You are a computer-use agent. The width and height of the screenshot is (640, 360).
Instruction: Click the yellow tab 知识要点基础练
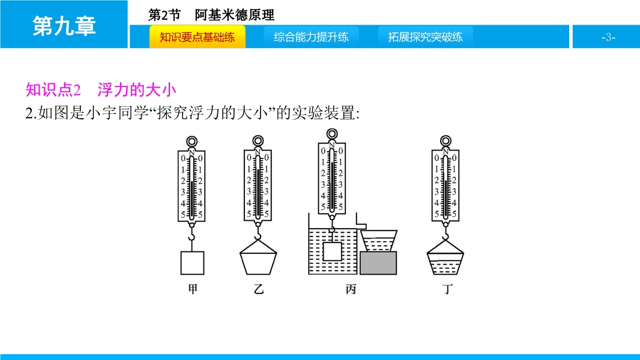[x=197, y=37]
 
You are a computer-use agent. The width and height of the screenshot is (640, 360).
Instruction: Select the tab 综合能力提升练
[x=311, y=37]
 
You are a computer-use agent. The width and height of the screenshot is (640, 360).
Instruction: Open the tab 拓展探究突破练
[x=425, y=37]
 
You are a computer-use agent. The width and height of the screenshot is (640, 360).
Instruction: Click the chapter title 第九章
[x=64, y=26]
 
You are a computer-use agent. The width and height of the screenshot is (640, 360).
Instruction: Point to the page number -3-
[x=608, y=37]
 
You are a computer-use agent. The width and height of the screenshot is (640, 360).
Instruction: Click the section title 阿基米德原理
[x=234, y=15]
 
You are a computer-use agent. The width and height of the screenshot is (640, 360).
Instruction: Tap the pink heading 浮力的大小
[x=137, y=89]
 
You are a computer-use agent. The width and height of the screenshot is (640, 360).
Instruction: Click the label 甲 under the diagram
[x=193, y=289]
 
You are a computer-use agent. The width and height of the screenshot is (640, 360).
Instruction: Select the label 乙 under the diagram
[x=258, y=289]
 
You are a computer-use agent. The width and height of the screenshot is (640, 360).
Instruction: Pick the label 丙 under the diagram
[x=351, y=289]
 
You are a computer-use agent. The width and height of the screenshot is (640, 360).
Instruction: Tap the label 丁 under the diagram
[x=447, y=289]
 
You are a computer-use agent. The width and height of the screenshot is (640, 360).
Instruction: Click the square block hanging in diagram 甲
[x=192, y=263]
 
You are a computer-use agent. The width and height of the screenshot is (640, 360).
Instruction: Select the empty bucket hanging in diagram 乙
[x=258, y=257]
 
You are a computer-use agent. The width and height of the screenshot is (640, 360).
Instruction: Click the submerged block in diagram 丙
[x=332, y=251]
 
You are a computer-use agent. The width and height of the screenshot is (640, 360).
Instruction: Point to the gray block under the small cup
[x=378, y=263]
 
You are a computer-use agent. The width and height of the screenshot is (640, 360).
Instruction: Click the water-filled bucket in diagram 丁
[x=445, y=257]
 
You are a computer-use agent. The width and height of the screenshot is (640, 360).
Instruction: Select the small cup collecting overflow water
[x=379, y=241]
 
